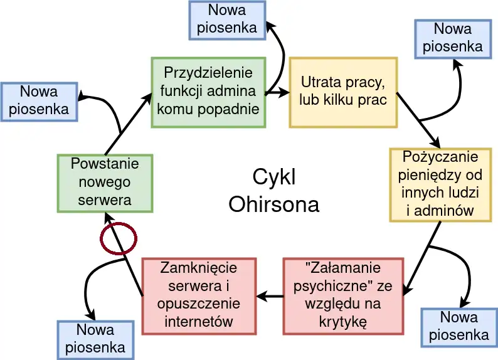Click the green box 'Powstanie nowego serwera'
pos(104,183)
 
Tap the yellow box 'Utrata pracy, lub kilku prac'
pos(342,92)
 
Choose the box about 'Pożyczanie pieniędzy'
pos(440,184)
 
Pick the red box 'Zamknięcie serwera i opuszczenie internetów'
pos(199,295)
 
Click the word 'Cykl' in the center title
pos(274,177)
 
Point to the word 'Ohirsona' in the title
pos(273,204)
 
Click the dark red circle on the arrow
pos(119,239)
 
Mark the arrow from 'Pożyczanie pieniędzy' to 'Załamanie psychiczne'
pos(419,259)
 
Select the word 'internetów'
pos(199,322)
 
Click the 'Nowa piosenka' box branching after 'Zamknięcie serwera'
pos(95,339)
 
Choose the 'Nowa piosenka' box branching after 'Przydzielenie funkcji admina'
pos(227,19)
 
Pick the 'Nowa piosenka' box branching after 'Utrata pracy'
pos(452,38)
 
